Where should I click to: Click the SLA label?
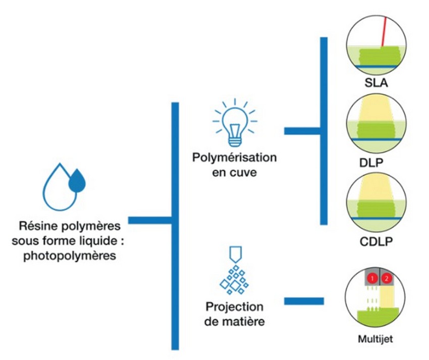pyautogui.click(x=375, y=82)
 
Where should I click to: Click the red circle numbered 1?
pyautogui.click(x=372, y=278)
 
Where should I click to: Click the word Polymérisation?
pyautogui.click(x=235, y=157)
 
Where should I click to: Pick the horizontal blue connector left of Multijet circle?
pyautogui.click(x=304, y=301)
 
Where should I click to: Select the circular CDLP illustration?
pyautogui.click(x=375, y=204)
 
